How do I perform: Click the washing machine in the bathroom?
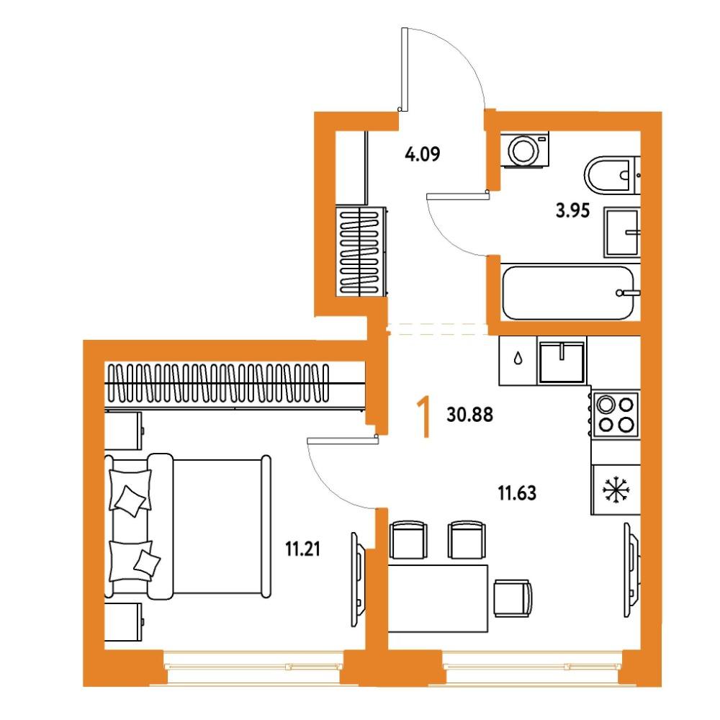coord(524,150)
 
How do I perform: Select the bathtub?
coord(570,292)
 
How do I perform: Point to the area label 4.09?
coord(423,154)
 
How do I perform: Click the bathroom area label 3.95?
coord(572,211)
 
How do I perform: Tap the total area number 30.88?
coord(469,415)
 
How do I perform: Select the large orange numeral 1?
coord(424,418)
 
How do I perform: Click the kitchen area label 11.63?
coord(517,493)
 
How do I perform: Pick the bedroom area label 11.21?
coord(302,549)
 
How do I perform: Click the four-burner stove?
coord(616,414)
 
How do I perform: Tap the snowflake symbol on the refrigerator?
coord(616,489)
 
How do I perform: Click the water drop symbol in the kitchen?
coord(518,358)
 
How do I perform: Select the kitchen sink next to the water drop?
coord(562,361)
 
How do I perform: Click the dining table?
coord(438,598)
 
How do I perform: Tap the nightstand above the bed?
coord(123,431)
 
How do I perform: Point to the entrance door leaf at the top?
coord(405,69)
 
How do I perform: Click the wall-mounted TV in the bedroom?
coord(358,579)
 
